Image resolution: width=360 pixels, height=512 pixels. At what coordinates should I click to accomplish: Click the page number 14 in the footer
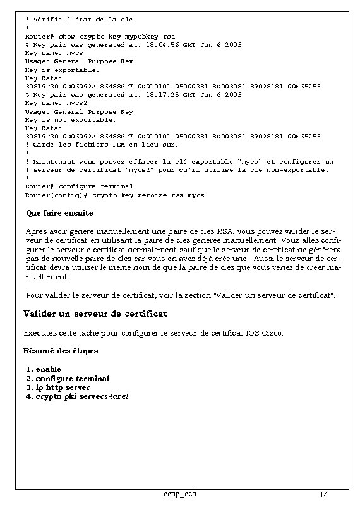324,494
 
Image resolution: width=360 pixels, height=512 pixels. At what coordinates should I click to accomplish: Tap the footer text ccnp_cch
179,493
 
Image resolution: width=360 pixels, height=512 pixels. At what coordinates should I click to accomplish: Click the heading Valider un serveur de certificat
95,314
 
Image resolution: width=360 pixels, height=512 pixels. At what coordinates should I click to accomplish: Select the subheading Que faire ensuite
59,213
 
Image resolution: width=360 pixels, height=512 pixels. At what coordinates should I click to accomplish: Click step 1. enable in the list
44,369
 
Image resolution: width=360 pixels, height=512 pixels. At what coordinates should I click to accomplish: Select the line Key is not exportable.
70,119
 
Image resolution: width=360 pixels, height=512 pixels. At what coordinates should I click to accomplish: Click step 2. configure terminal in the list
68,378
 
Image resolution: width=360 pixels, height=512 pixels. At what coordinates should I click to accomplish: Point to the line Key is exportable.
62,70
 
